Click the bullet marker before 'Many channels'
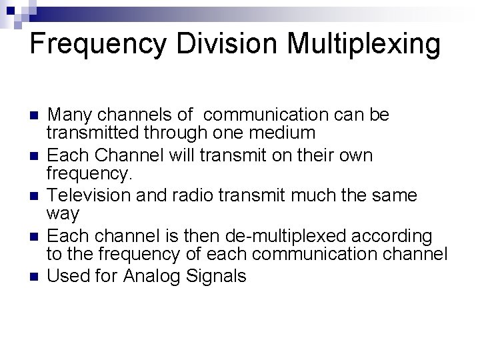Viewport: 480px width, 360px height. [35, 116]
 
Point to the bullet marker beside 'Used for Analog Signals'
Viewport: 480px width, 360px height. [35, 277]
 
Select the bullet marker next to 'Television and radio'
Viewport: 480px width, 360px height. [35, 196]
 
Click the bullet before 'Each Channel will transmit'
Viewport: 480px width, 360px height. [35, 156]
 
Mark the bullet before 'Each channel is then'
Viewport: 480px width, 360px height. [35, 237]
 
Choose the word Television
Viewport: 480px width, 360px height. [94, 195]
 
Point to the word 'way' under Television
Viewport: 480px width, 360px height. [62, 215]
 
